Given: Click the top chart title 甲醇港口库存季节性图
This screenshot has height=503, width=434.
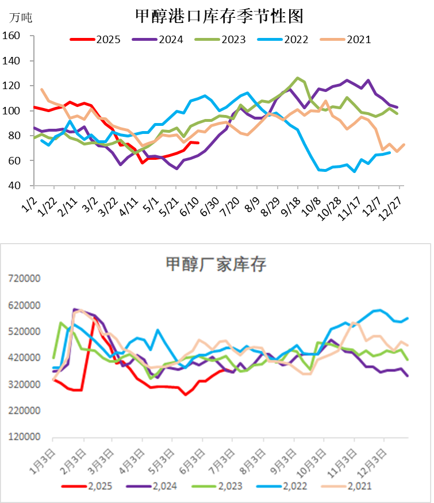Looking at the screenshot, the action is click(x=220, y=16).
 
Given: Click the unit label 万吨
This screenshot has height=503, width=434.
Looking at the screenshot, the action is click(x=21, y=17).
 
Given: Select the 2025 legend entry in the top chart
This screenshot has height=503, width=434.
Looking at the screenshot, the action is click(x=95, y=40).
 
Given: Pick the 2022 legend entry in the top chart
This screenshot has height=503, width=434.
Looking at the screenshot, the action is click(x=283, y=40).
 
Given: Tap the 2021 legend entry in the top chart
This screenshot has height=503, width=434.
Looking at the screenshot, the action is click(x=345, y=40).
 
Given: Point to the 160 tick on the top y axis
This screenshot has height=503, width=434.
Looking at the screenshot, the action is click(x=11, y=35).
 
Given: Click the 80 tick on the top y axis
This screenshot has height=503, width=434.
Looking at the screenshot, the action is click(x=14, y=135).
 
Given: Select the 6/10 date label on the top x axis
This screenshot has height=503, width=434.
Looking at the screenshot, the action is click(x=189, y=206).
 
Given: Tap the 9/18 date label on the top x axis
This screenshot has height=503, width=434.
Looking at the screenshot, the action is click(x=291, y=206).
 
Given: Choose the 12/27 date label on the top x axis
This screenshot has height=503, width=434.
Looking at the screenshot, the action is click(x=390, y=208).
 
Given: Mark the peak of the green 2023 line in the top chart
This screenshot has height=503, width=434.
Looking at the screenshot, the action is click(x=297, y=78).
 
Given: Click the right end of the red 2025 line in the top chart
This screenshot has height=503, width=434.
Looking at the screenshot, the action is click(x=198, y=143).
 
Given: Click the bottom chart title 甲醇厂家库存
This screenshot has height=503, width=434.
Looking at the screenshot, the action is click(x=216, y=264).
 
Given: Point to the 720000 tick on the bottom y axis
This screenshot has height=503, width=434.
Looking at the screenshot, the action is click(x=24, y=278).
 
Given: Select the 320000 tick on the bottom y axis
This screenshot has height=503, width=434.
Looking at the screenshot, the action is click(x=24, y=384).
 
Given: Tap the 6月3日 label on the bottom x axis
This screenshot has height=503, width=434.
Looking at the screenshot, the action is click(x=192, y=462).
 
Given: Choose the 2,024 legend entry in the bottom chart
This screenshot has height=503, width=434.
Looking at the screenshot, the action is click(x=151, y=486).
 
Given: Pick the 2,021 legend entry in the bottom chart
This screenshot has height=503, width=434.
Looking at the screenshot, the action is click(x=347, y=486).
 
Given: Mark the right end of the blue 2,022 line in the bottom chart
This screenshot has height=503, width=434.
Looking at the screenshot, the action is click(x=408, y=318).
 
